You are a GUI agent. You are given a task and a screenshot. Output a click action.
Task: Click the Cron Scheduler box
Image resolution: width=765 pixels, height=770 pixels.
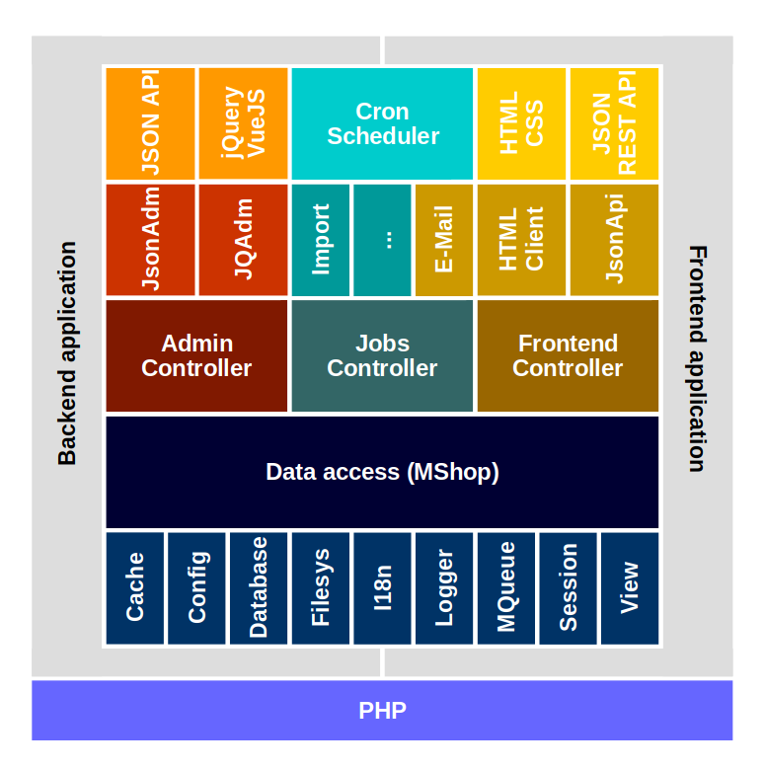(382, 123)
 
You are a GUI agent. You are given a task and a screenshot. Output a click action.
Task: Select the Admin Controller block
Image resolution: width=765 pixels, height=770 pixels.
(196, 355)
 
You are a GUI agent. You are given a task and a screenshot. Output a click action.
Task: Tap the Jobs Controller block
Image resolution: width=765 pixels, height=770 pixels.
(382, 355)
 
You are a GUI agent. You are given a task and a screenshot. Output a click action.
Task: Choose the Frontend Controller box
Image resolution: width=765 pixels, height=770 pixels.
(568, 355)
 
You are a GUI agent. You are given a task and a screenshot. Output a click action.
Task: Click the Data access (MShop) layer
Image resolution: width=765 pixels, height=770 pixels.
(382, 472)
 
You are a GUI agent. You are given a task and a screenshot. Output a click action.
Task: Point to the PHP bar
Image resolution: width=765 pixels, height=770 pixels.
(382, 710)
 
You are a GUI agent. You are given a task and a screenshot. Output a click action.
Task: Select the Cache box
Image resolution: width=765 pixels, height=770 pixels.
(135, 588)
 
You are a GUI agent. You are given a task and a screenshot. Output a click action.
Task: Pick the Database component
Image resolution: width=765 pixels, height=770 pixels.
(259, 588)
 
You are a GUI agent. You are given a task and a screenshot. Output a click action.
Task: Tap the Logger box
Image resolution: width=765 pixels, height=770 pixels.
(444, 588)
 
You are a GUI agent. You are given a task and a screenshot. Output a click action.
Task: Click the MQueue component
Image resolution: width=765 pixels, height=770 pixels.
(506, 588)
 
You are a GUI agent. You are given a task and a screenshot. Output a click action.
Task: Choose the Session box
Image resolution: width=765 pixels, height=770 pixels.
(568, 588)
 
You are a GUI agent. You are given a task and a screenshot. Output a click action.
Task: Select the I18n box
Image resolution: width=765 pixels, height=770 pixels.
(383, 588)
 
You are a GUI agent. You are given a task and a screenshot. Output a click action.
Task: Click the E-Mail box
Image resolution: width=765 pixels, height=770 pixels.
(444, 240)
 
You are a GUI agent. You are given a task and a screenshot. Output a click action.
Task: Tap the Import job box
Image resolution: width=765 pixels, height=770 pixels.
(321, 240)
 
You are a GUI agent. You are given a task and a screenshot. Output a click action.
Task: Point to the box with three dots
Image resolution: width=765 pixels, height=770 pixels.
(382, 240)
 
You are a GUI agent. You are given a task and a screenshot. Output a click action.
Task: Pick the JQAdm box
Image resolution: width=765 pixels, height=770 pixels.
(243, 240)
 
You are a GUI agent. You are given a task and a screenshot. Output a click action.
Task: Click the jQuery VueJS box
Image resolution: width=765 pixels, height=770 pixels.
(243, 123)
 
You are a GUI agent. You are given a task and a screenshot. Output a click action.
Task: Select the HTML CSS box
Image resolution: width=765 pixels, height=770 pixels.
(521, 123)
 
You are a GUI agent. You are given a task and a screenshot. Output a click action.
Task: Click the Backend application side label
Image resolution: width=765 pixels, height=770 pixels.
(67, 353)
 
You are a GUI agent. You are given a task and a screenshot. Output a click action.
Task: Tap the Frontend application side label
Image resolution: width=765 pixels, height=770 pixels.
(697, 357)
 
